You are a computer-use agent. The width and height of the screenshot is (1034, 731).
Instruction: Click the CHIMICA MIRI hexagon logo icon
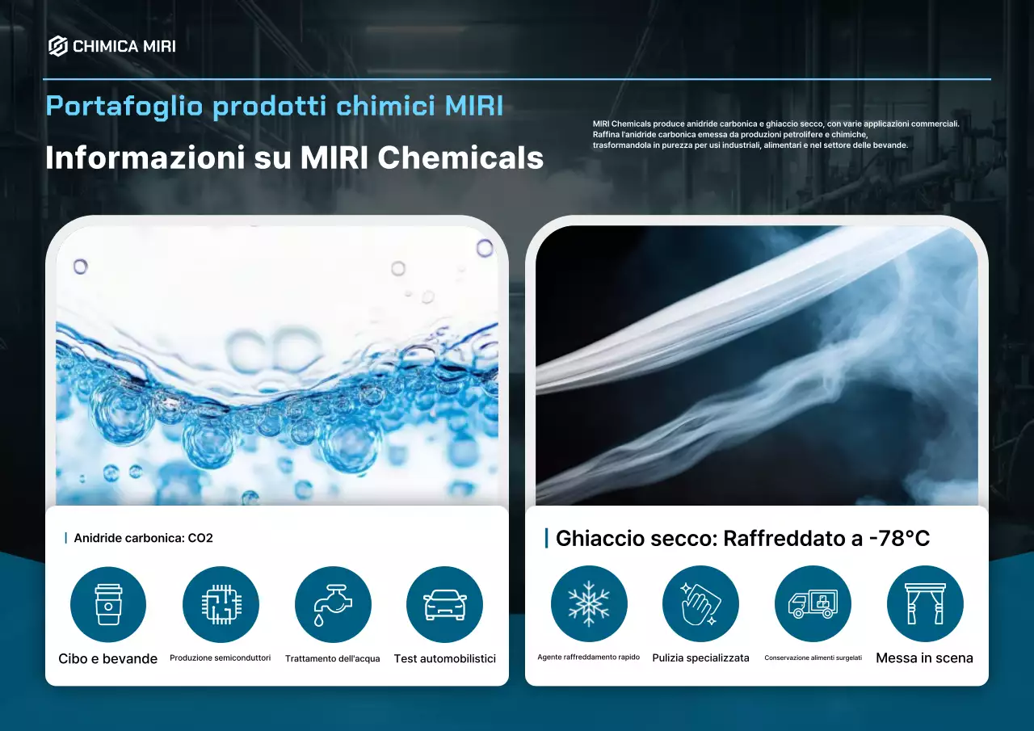57,46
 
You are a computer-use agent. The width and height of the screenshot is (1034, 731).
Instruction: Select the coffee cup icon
108,604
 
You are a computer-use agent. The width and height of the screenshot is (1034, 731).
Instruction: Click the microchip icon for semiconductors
221,604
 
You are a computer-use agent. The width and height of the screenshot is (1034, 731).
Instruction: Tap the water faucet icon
332,604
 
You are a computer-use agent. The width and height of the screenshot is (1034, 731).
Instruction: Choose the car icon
444,604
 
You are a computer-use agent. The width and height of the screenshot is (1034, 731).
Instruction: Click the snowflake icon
588,603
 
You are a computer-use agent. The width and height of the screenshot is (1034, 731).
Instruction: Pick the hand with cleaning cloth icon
700,603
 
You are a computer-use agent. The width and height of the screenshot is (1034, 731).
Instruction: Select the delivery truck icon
813,603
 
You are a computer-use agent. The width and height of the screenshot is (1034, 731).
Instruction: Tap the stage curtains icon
925,603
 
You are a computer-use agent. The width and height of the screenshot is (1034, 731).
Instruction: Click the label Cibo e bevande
108,658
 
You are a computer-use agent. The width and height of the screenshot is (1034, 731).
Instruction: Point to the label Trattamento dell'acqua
332,658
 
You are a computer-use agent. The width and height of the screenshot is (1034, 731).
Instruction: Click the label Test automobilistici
444,658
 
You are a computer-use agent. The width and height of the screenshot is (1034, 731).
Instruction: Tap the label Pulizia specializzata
700,657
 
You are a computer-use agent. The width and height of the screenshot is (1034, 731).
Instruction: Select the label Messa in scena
924,657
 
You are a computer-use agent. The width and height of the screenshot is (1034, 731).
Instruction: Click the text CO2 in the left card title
200,538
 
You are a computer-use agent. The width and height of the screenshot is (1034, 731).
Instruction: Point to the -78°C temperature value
899,538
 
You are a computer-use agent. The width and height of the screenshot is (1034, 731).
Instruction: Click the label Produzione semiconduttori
221,658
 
